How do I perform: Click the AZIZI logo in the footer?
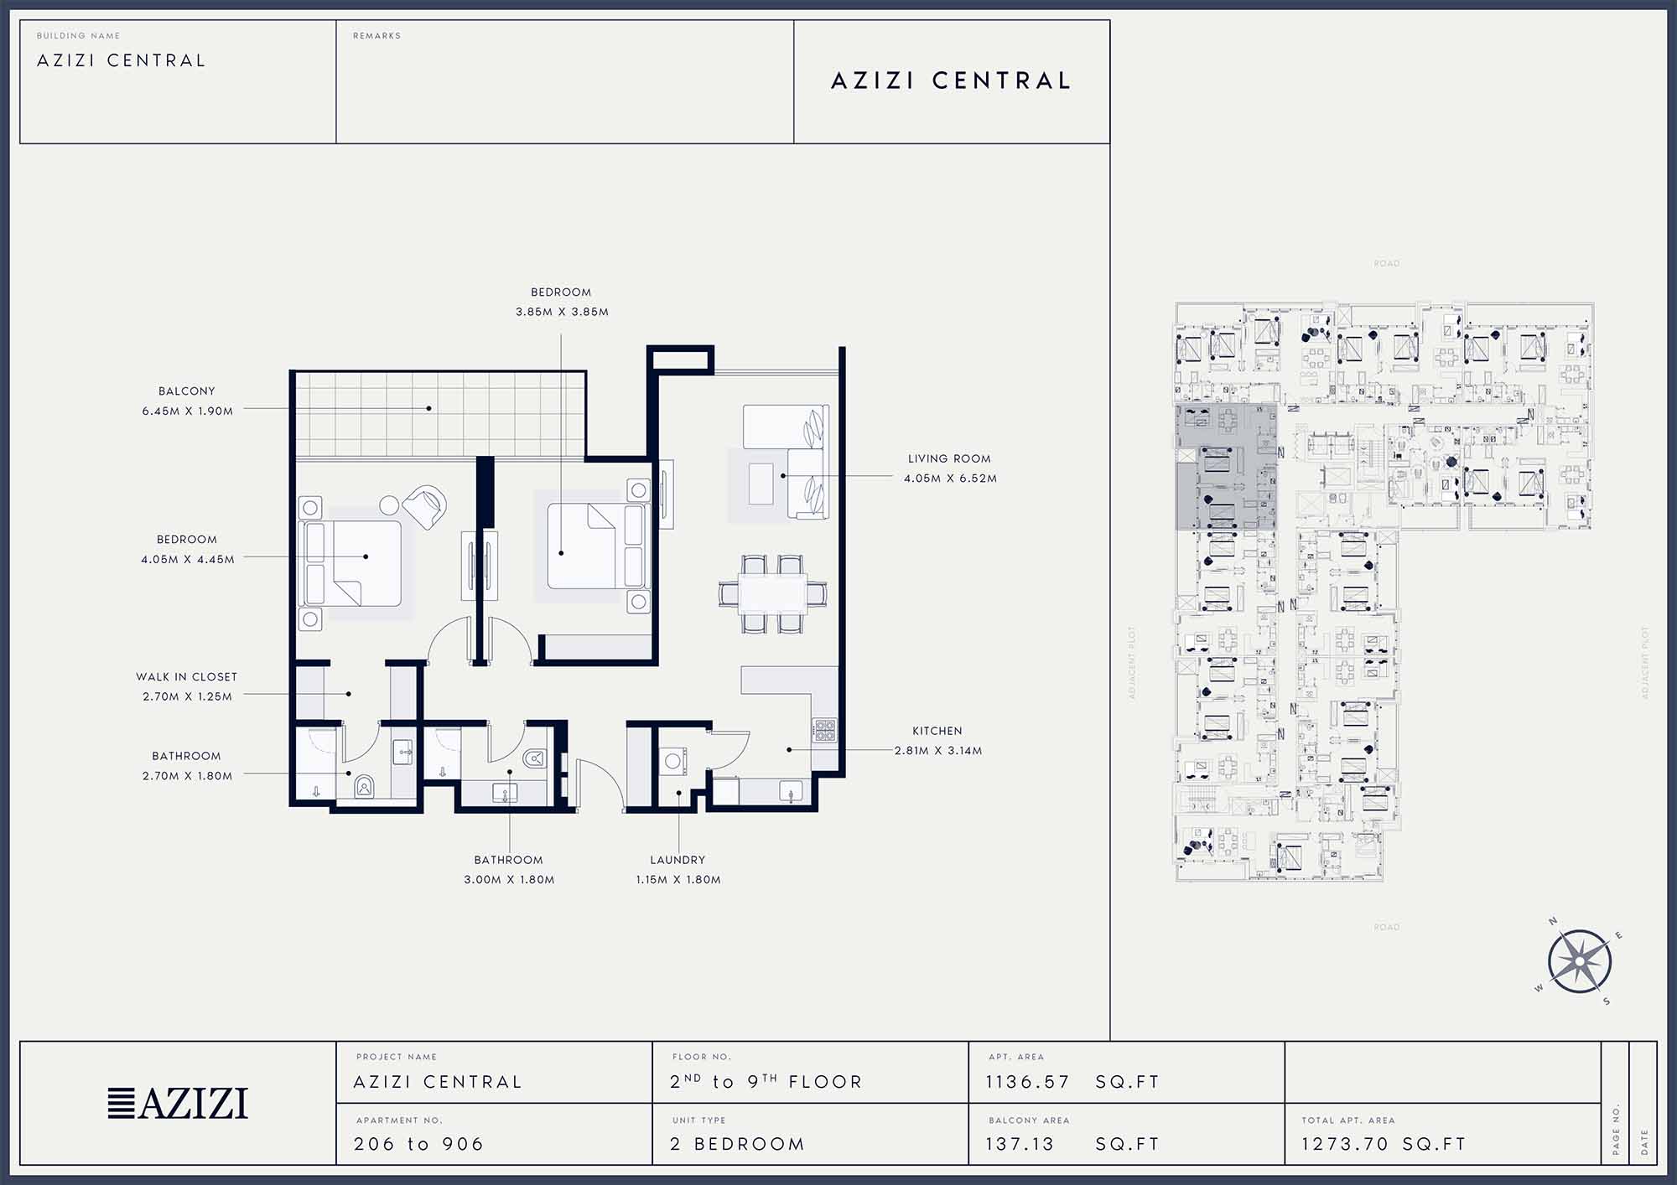click(x=178, y=1103)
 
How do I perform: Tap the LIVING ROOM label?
click(x=949, y=458)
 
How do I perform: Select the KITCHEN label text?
click(x=937, y=731)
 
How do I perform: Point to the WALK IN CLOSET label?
click(x=186, y=676)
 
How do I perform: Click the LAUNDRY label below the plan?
click(x=678, y=860)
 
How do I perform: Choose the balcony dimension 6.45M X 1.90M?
click(x=188, y=411)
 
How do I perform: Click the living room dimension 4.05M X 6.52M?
click(x=950, y=479)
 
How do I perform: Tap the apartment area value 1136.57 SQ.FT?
click(x=1072, y=1082)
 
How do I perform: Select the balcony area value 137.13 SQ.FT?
click(x=1072, y=1144)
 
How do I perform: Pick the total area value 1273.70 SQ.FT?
click(x=1384, y=1144)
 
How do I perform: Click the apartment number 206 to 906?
click(x=418, y=1144)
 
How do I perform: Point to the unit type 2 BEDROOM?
click(x=737, y=1144)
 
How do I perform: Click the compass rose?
click(x=1579, y=961)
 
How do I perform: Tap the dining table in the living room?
click(x=773, y=594)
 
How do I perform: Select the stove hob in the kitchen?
click(x=823, y=731)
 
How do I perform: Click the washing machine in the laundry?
click(x=672, y=762)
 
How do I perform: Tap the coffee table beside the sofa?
click(x=761, y=484)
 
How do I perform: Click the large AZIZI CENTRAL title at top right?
click(x=951, y=80)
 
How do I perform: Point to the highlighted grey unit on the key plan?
click(x=1226, y=467)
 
